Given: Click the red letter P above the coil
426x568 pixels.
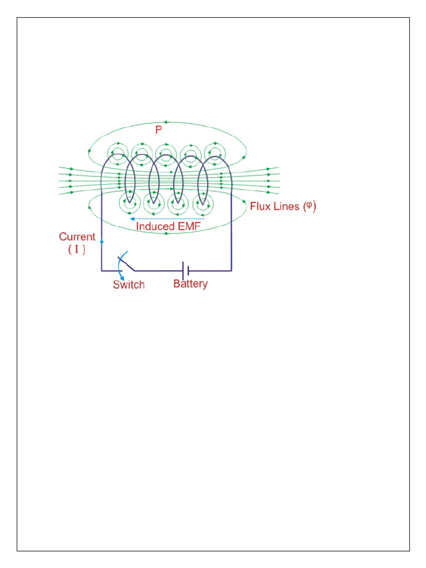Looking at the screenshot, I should pos(159,130).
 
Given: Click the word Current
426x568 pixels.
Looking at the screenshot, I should pos(77,237).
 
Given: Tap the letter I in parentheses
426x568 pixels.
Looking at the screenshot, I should pos(77,250).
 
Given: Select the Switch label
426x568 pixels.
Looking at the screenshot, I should pos(129,285).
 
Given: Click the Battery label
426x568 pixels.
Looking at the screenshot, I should pos(190,284).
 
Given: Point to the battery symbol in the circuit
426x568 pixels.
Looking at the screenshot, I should pos(186,270).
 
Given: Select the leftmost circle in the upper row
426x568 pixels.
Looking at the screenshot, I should pos(118,152).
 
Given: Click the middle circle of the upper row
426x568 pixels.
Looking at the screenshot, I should pos(166,152).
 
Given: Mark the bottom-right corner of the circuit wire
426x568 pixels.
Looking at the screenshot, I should pos(231,271).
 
